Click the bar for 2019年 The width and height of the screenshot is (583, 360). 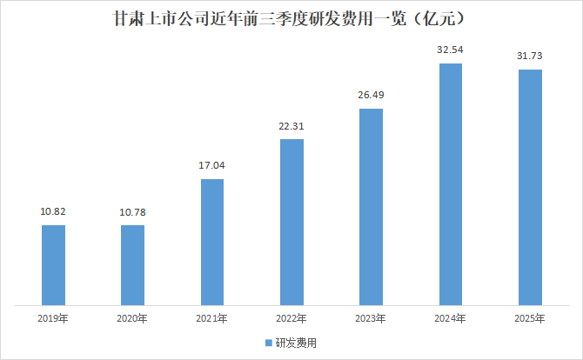click(x=53, y=265)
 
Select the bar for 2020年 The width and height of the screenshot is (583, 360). click(x=132, y=265)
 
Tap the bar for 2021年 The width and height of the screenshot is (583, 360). click(x=211, y=243)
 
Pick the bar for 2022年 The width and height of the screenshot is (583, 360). click(x=291, y=223)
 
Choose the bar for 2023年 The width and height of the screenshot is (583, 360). click(x=371, y=207)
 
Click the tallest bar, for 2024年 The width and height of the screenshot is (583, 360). click(x=451, y=184)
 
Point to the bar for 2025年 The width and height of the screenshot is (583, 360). click(x=530, y=188)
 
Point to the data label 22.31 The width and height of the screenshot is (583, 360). click(x=291, y=126)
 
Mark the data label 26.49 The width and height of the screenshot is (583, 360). click(x=371, y=95)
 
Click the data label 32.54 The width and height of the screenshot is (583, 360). click(x=451, y=50)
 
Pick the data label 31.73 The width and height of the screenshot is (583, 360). click(x=530, y=57)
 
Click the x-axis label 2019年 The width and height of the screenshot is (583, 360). click(x=53, y=319)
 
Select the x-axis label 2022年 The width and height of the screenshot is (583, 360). click(x=291, y=319)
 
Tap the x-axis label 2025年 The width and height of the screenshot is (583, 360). click(x=530, y=319)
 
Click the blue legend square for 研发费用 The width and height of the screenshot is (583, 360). click(x=268, y=343)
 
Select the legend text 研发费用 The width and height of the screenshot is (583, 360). click(x=295, y=343)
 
